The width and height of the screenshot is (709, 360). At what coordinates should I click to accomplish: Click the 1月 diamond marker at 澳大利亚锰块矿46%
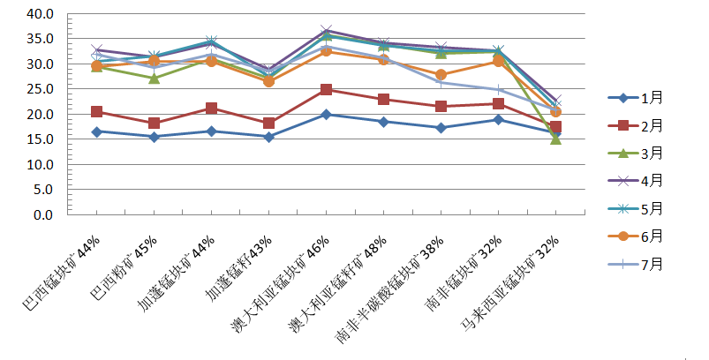coord(326,115)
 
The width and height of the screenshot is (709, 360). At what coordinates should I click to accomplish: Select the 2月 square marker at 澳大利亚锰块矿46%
coord(326,89)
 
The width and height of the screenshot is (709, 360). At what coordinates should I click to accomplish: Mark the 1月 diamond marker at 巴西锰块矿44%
coord(96,131)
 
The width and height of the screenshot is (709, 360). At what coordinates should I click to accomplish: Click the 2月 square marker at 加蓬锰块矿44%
coord(211,108)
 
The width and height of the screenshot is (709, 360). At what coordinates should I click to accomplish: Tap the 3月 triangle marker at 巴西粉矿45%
coord(154,78)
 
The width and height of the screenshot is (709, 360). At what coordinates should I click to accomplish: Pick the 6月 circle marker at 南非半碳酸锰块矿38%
coord(441,75)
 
